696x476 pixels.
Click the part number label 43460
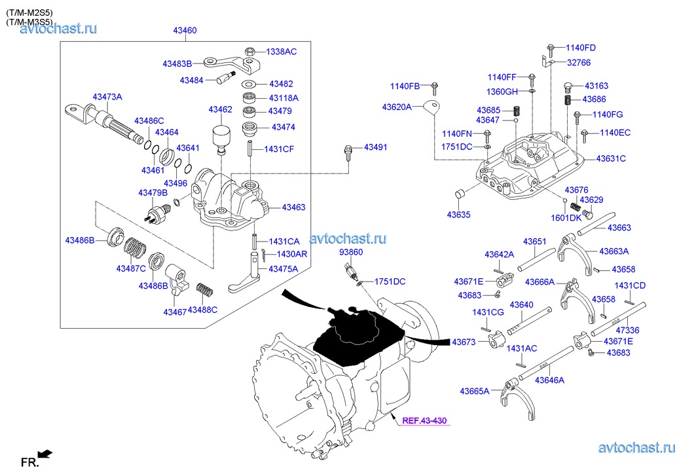click(185, 30)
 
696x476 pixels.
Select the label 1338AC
click(281, 51)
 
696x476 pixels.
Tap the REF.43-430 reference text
click(424, 420)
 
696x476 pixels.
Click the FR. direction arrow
click(45, 453)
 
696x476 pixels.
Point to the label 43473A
click(107, 97)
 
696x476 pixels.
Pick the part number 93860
click(351, 252)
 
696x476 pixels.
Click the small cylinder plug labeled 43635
click(459, 194)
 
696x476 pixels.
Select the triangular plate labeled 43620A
click(430, 107)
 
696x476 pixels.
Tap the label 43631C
click(611, 158)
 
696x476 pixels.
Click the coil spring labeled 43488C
click(204, 289)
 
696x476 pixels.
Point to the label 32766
click(579, 63)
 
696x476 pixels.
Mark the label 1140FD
click(581, 48)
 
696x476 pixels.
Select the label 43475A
click(282, 268)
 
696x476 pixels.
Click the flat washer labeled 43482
click(249, 84)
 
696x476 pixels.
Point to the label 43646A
click(549, 380)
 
